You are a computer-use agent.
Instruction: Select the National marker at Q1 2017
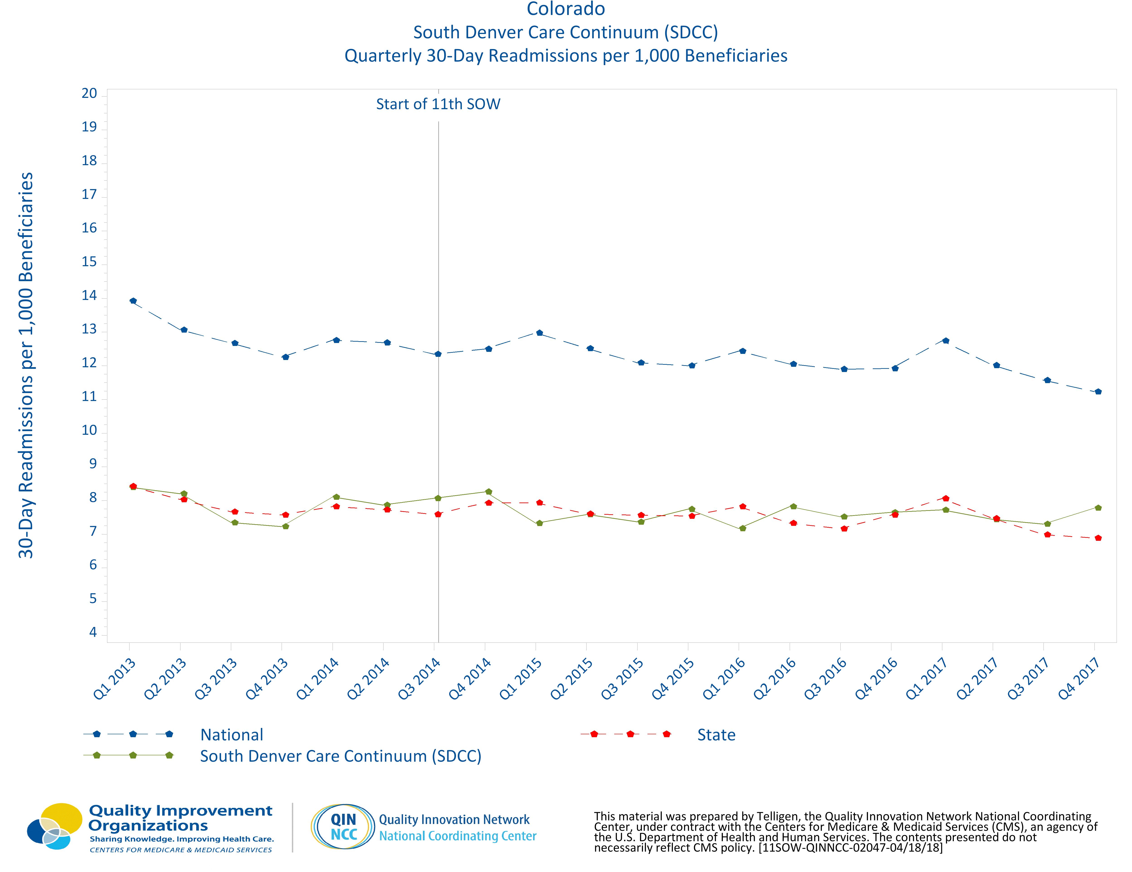pyautogui.click(x=945, y=341)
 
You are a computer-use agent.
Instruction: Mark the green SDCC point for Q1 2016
pyautogui.click(x=742, y=528)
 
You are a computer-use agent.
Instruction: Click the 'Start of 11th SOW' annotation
pyautogui.click(x=438, y=104)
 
